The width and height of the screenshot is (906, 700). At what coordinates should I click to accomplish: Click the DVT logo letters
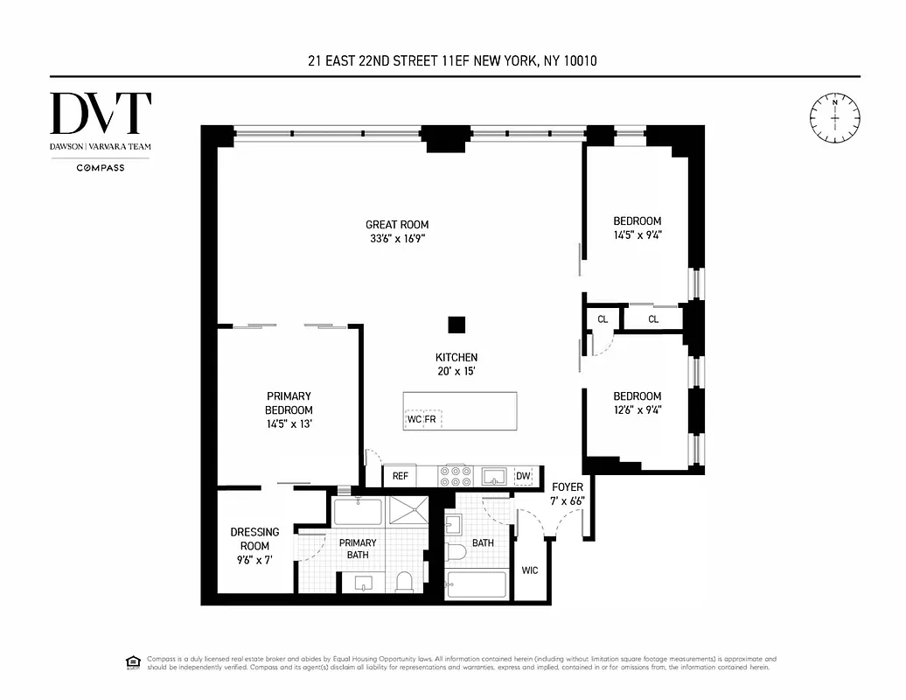click(101, 114)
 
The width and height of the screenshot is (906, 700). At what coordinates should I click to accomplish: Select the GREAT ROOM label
click(397, 225)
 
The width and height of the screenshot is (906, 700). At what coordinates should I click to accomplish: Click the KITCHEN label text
click(456, 357)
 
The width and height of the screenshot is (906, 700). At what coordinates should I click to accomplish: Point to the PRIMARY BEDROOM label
click(289, 403)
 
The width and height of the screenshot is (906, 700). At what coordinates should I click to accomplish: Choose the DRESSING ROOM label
click(254, 539)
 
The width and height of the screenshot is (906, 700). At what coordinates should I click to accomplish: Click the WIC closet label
click(530, 570)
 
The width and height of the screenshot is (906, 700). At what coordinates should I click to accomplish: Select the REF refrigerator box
click(401, 476)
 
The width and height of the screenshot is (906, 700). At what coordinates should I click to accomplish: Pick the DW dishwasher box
click(523, 476)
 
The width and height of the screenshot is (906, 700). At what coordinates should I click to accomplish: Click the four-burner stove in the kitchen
click(455, 475)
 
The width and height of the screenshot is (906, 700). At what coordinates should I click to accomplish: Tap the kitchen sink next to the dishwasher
click(495, 475)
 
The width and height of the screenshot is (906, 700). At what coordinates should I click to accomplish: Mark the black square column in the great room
click(456, 325)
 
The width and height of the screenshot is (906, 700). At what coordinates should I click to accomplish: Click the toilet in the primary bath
click(404, 581)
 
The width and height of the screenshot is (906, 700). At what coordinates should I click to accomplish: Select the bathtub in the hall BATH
click(477, 584)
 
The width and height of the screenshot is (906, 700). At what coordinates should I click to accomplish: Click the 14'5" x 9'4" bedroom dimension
click(637, 234)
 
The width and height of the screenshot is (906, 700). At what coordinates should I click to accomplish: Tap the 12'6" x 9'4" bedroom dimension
click(637, 409)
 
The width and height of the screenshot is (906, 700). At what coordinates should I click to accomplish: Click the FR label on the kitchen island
click(430, 419)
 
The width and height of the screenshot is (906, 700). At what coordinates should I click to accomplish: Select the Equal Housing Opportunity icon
click(134, 661)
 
